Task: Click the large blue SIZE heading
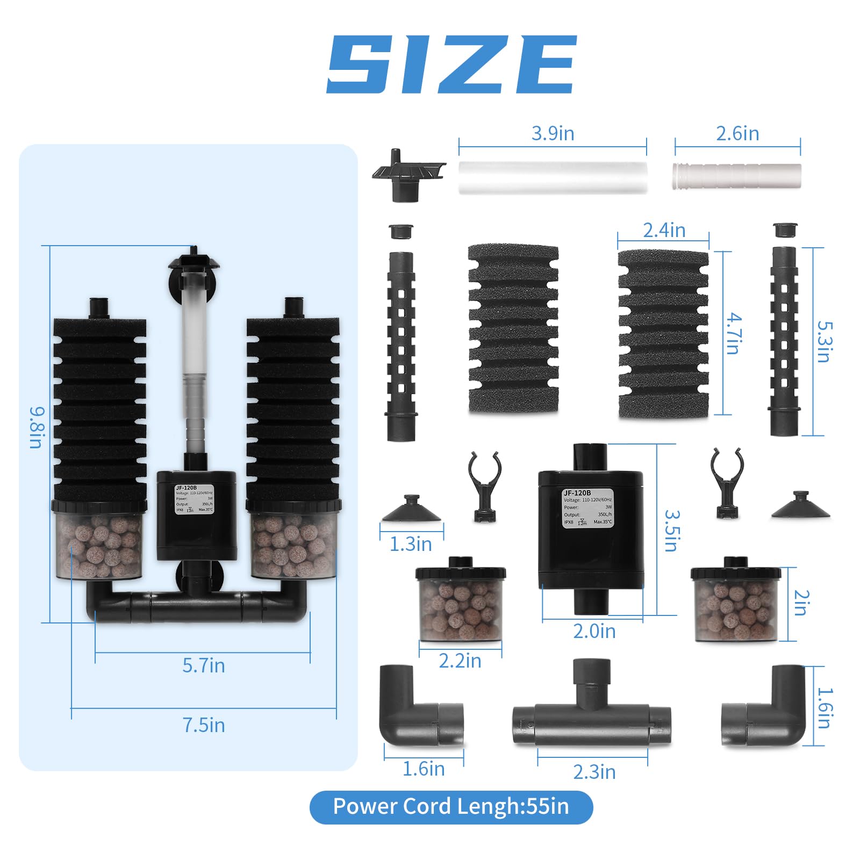[x=451, y=64]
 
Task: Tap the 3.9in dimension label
[x=553, y=133]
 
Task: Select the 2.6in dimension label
[x=737, y=133]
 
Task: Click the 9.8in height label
[x=36, y=427]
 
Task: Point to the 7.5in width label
[x=203, y=725]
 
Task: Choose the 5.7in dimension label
[x=203, y=665]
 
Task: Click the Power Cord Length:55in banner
[x=450, y=807]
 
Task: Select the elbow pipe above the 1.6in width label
[x=419, y=709]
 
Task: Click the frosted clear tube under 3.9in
[x=553, y=177]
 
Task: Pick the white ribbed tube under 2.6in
[x=736, y=176]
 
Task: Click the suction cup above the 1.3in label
[x=412, y=510]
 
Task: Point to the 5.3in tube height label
[x=824, y=342]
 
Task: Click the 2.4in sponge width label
[x=664, y=231]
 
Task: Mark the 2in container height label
[x=801, y=603]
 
